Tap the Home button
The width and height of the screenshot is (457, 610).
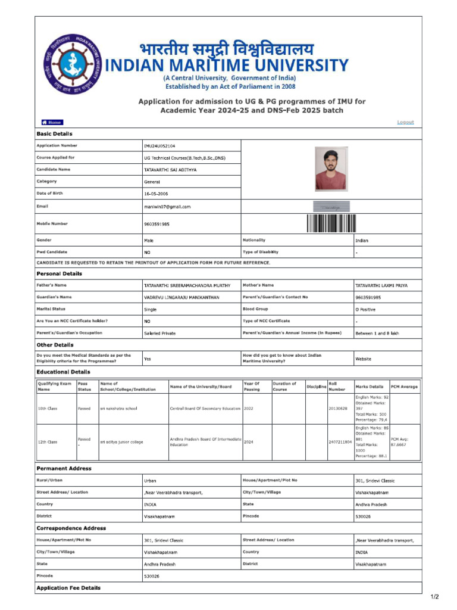pyautogui.click(x=52, y=122)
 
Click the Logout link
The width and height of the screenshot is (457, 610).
pyautogui.click(x=405, y=122)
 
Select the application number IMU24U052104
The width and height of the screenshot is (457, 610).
pyautogui.click(x=159, y=146)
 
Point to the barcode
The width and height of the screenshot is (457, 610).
pyautogui.click(x=331, y=223)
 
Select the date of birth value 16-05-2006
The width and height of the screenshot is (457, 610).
pyautogui.click(x=156, y=194)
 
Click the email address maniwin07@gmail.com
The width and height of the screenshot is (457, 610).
pyautogui.click(x=167, y=207)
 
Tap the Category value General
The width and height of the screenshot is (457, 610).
pyautogui.click(x=152, y=182)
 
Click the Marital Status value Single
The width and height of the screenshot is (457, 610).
pyautogui.click(x=150, y=310)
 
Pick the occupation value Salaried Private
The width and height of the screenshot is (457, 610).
pyautogui.click(x=159, y=334)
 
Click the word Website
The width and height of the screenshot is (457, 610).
pyautogui.click(x=363, y=359)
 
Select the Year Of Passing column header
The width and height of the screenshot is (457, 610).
pyautogui.click(x=252, y=387)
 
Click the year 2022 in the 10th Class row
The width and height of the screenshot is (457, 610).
pyautogui.click(x=249, y=409)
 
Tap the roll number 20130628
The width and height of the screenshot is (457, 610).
pyautogui.click(x=337, y=409)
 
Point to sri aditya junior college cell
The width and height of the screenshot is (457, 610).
pyautogui.click(x=121, y=442)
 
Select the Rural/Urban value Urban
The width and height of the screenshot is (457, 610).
pyautogui.click(x=150, y=481)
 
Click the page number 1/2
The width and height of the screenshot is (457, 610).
pyautogui.click(x=434, y=597)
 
